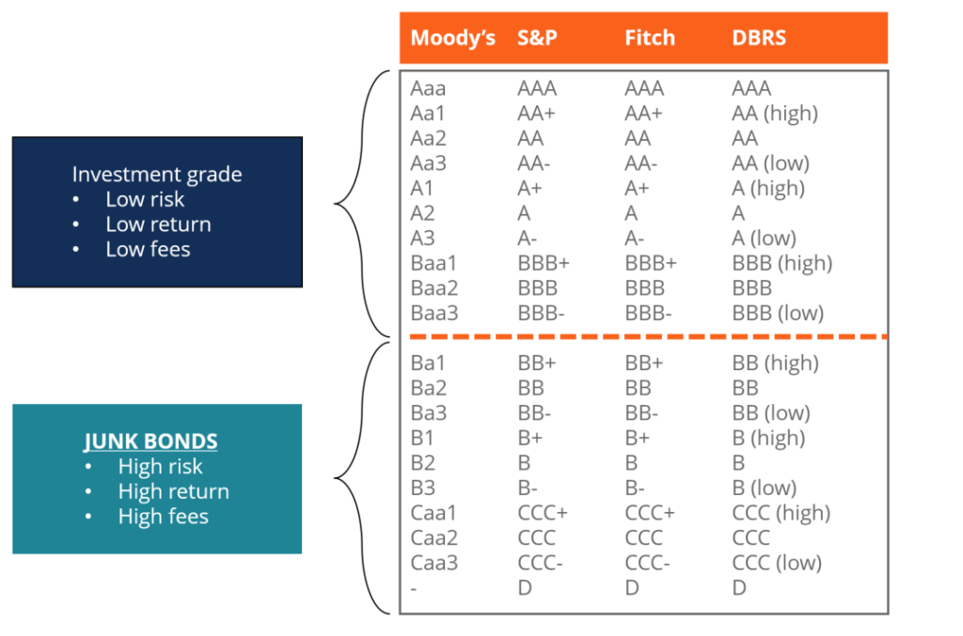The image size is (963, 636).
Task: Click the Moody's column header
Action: (x=452, y=39)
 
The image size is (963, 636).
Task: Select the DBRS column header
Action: (x=759, y=39)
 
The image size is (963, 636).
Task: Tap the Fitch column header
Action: (x=650, y=39)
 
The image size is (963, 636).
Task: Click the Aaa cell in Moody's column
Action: (x=428, y=88)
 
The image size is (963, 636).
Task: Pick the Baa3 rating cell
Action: (x=434, y=313)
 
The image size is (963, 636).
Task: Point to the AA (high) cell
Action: (x=775, y=114)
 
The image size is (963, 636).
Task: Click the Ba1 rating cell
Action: (x=428, y=363)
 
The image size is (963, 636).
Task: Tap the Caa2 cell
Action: (x=434, y=537)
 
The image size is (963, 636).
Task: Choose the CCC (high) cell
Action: (x=781, y=513)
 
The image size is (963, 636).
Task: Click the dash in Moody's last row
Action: (x=414, y=588)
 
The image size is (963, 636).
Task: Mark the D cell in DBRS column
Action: (x=739, y=588)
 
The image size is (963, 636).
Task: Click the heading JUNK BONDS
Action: (x=150, y=442)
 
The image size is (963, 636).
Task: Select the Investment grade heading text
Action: (x=157, y=175)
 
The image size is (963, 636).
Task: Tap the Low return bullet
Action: (x=158, y=225)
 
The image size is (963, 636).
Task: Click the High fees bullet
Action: (x=163, y=516)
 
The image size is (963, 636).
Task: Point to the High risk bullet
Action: (x=160, y=466)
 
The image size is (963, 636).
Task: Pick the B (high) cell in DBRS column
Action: (x=768, y=438)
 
